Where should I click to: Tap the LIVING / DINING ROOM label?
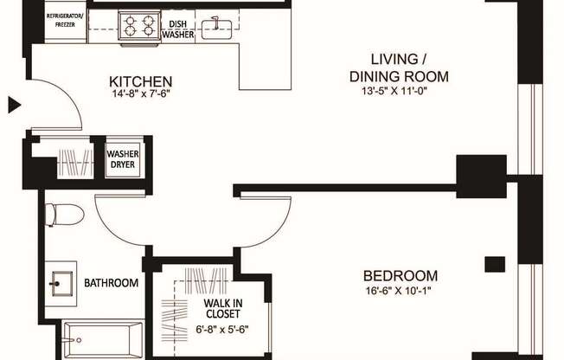399,67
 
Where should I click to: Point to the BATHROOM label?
111,283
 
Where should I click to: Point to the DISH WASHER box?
177,29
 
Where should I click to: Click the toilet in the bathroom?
62,214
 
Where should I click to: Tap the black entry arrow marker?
13,106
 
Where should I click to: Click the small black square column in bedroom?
494,264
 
